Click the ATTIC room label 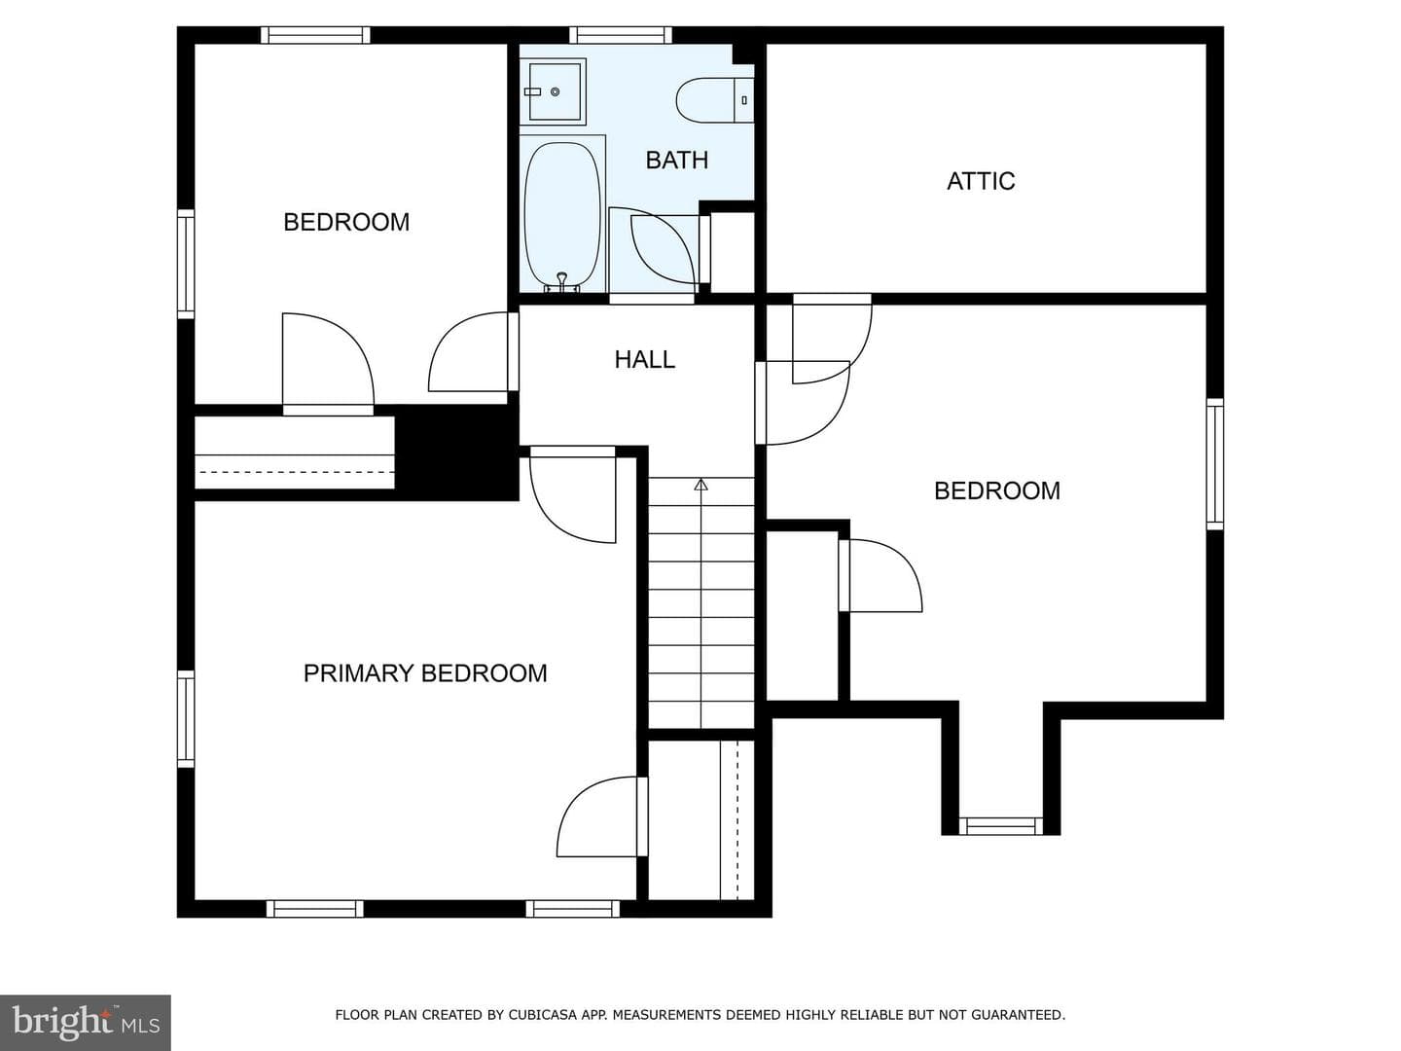(x=981, y=181)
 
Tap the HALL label (x=645, y=360)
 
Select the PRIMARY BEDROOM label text (x=425, y=673)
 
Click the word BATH (x=676, y=161)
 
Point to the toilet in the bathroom (x=715, y=100)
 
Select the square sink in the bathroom (x=553, y=91)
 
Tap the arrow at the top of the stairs (x=700, y=485)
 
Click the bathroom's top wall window (x=621, y=35)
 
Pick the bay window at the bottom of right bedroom (x=1001, y=826)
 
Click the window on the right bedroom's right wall (x=1214, y=464)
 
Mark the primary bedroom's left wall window (x=186, y=718)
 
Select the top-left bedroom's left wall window (x=186, y=264)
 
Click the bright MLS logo (x=86, y=1022)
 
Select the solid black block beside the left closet (x=457, y=453)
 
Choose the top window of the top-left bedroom (x=315, y=35)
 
